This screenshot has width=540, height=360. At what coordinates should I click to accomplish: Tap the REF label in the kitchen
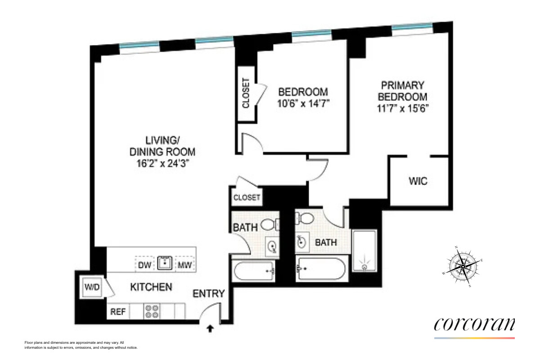(118, 311)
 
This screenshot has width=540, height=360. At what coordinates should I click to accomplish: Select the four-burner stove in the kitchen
(152, 311)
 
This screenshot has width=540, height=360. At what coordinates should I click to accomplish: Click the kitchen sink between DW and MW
(165, 263)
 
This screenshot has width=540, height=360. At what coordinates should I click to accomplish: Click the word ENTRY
(208, 294)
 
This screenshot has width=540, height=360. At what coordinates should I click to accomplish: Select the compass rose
(463, 266)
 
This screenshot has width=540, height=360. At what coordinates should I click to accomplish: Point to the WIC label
(418, 182)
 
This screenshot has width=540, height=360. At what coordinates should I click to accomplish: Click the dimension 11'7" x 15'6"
(402, 108)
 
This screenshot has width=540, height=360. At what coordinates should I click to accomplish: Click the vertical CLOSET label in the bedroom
(246, 93)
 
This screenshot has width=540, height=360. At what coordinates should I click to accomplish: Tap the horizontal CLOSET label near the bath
(247, 198)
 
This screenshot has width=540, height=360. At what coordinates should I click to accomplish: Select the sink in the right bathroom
(302, 243)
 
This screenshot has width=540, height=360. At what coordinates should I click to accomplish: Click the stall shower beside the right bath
(364, 252)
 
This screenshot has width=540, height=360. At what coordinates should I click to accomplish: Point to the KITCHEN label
(151, 287)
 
